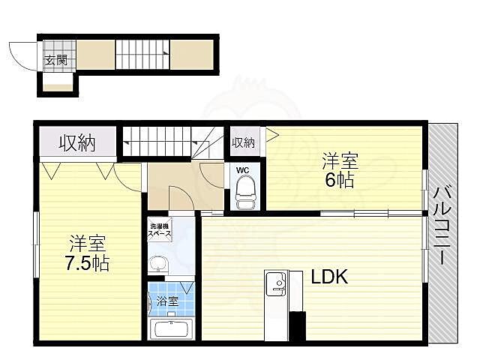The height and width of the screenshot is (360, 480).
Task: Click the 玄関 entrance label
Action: [x=56, y=60]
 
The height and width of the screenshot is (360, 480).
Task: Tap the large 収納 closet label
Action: [x=77, y=142]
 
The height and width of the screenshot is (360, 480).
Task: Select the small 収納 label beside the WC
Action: [x=243, y=142]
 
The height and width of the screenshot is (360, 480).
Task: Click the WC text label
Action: [x=243, y=170]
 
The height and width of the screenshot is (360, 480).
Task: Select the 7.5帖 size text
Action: [x=88, y=263]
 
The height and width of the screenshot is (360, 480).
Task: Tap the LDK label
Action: [x=330, y=277]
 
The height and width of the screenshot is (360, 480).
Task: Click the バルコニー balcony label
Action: [x=442, y=226]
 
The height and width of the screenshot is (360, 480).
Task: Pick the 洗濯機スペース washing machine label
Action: [x=160, y=230]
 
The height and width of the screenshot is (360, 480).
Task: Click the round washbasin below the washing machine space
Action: [x=158, y=263]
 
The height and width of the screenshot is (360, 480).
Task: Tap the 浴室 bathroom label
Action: [x=167, y=301]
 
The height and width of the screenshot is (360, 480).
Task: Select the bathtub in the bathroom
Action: [x=171, y=328]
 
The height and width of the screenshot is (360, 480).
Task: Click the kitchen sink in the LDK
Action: [x=276, y=284]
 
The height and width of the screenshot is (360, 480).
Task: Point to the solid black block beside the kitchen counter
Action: [x=298, y=325]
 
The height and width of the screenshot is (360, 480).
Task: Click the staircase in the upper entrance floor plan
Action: [x=142, y=55]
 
